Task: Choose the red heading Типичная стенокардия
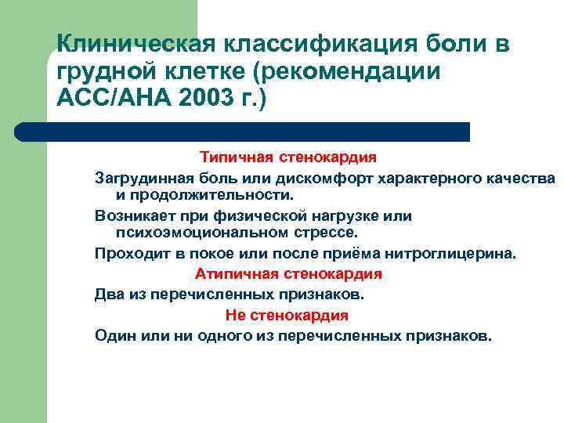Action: (287, 157)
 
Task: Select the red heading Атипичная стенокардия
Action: (287, 274)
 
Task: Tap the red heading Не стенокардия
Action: (287, 315)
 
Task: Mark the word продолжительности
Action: (206, 194)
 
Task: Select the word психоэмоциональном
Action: (201, 233)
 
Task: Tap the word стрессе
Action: (324, 233)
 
